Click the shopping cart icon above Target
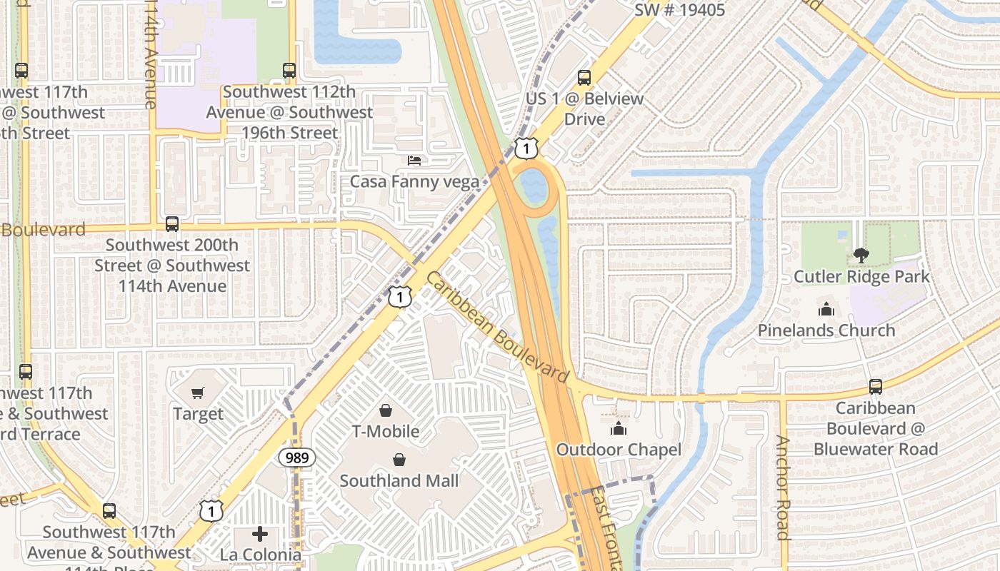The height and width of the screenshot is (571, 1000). [x=198, y=393]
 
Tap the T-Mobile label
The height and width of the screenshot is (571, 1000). [x=385, y=431]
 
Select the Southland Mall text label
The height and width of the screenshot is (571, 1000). [x=399, y=480]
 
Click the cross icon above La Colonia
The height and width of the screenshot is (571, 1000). [x=260, y=534]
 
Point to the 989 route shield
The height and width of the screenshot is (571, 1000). [x=296, y=458]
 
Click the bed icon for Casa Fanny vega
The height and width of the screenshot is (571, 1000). [x=414, y=161]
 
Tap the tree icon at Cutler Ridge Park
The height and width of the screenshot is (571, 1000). [x=861, y=255]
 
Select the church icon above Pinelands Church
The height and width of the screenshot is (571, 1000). [x=826, y=309]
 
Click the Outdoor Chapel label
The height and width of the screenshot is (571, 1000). [x=619, y=450]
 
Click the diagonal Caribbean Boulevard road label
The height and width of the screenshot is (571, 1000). [x=498, y=328]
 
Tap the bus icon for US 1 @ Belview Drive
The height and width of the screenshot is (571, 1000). [x=584, y=78]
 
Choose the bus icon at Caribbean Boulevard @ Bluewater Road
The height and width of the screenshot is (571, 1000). [x=876, y=387]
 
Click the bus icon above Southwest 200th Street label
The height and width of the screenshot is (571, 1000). [x=172, y=224]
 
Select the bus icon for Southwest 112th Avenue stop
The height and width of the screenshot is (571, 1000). [x=289, y=71]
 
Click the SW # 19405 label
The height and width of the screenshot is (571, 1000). [x=679, y=10]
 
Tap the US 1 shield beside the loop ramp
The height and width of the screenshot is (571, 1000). [x=526, y=148]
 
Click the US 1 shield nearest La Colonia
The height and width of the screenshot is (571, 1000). [x=211, y=510]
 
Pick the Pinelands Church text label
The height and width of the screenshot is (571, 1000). [x=826, y=330]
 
